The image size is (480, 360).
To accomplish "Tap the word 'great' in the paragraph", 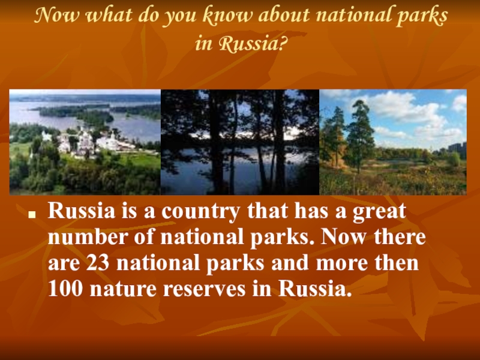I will coord(379,212).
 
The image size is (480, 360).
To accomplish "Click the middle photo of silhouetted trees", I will coord(239,142).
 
